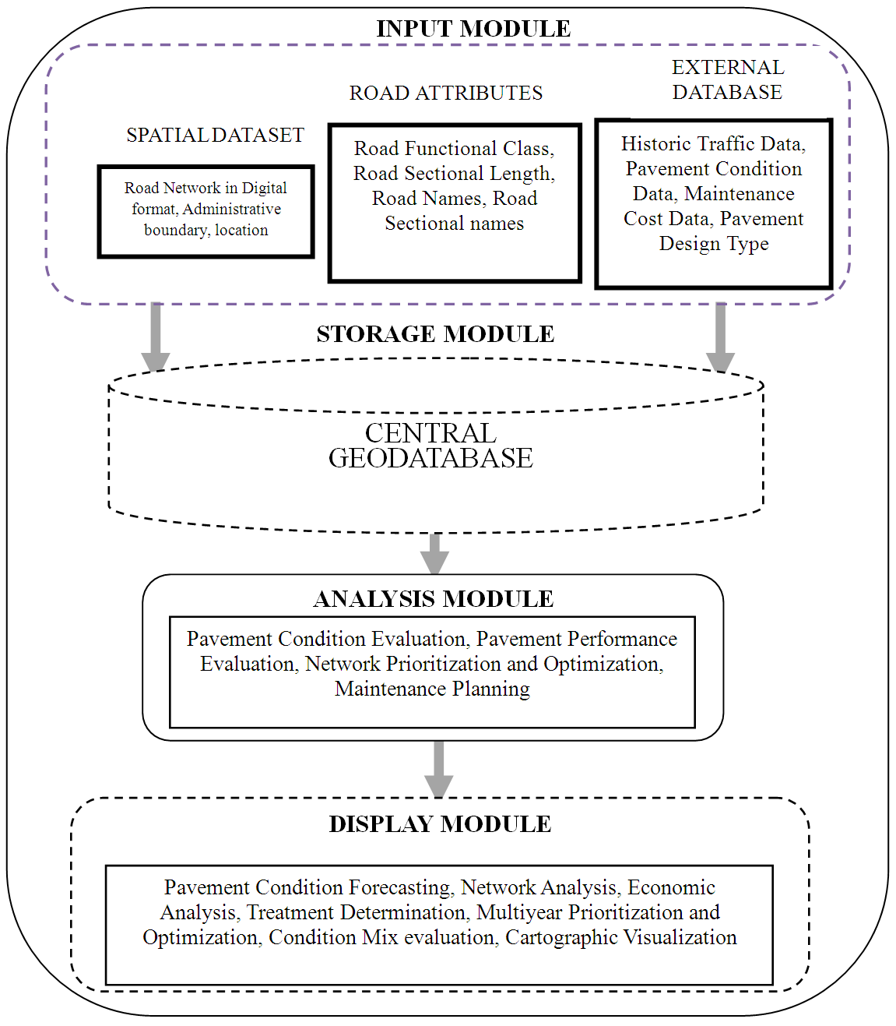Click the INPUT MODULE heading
click(473, 29)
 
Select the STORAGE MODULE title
click(435, 334)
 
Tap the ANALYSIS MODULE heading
click(434, 599)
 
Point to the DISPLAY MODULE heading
click(440, 824)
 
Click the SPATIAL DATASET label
click(215, 136)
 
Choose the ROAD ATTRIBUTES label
click(446, 93)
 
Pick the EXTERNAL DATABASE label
click(727, 80)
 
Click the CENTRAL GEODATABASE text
click(430, 446)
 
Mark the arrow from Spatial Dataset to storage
click(156, 337)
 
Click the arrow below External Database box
click(720, 337)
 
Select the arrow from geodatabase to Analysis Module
click(434, 553)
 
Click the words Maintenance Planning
click(432, 689)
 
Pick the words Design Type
click(714, 244)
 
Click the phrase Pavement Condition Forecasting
click(307, 887)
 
